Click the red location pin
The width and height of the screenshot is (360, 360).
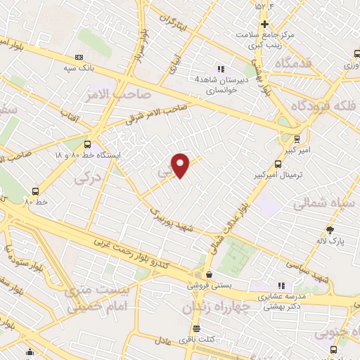[181, 165]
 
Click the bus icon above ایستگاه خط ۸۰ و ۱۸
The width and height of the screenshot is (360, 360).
[87, 143]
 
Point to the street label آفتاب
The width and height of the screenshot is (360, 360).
[70, 115]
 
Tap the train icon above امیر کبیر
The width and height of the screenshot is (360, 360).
[297, 139]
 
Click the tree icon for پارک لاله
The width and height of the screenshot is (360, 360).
[330, 230]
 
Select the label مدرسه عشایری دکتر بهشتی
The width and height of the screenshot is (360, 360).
[280, 302]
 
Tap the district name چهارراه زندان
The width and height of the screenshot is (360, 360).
[217, 307]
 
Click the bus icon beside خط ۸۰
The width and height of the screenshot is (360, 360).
[35, 191]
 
